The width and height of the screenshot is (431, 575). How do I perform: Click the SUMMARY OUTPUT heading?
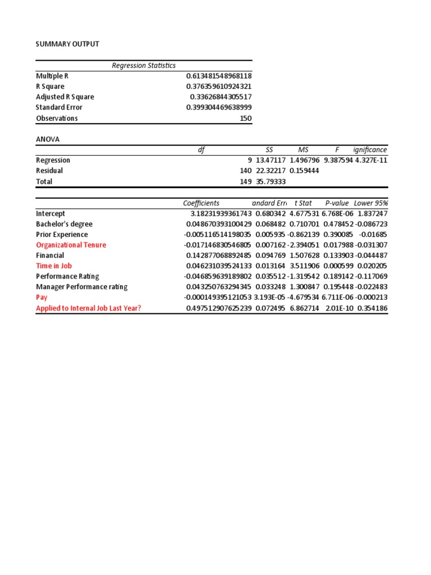coord(67,44)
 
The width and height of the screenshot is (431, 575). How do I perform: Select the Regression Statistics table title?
coord(144,66)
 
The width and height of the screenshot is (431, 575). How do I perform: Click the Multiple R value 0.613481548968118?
coord(219,76)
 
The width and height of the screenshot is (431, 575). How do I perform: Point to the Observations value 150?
coord(246,118)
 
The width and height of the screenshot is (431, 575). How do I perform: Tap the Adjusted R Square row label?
coord(65,97)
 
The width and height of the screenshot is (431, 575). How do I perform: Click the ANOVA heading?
coord(48,139)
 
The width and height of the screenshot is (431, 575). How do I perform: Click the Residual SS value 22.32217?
coord(271,171)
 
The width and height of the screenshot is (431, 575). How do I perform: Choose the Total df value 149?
coord(245,181)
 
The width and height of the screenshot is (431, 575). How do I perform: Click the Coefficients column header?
coord(201,203)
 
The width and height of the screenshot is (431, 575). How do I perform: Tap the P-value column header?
coord(337,203)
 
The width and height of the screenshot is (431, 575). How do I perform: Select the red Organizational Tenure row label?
coord(71,245)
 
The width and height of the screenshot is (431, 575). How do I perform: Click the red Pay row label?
coord(42,298)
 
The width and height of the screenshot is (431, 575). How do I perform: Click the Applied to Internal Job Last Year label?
coord(88,308)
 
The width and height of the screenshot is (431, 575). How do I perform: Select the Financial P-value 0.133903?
coord(337,255)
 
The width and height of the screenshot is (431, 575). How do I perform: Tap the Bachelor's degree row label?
coord(64,224)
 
